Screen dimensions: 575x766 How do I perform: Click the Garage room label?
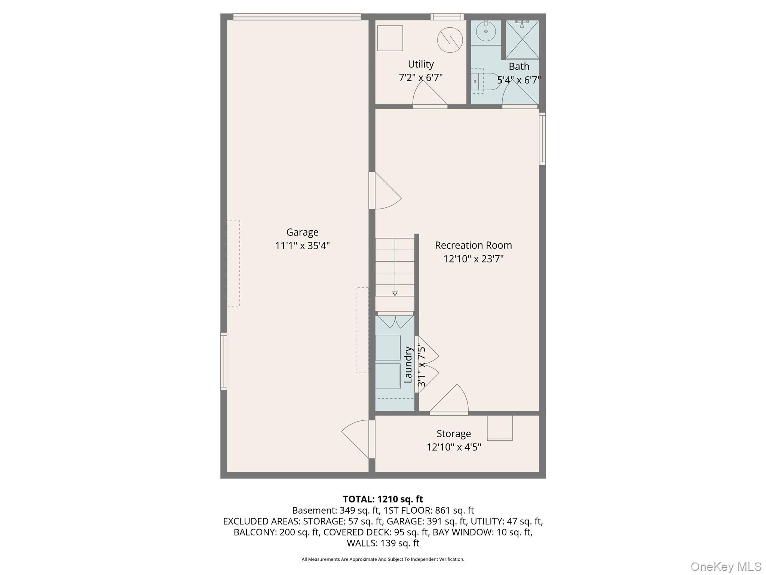click(x=302, y=232)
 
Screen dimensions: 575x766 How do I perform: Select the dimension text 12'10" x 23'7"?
click(x=473, y=259)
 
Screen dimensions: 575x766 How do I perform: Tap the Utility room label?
click(x=421, y=64)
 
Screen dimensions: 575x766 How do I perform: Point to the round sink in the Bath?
click(x=486, y=32)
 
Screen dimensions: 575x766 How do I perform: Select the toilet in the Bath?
click(x=486, y=81)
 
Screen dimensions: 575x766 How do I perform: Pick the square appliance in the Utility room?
click(x=390, y=38)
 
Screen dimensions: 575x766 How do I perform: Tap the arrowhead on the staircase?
click(x=395, y=293)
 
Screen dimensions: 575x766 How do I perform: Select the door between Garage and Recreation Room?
click(x=385, y=191)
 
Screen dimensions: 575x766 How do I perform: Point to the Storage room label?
click(x=454, y=434)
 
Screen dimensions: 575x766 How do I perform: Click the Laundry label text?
click(x=408, y=365)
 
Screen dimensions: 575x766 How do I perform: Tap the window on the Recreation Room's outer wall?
click(x=542, y=139)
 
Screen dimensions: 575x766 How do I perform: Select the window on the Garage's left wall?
click(x=224, y=361)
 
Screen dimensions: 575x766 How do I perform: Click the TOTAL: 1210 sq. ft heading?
click(x=383, y=499)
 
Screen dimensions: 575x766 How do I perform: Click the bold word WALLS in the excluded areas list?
click(x=361, y=543)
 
